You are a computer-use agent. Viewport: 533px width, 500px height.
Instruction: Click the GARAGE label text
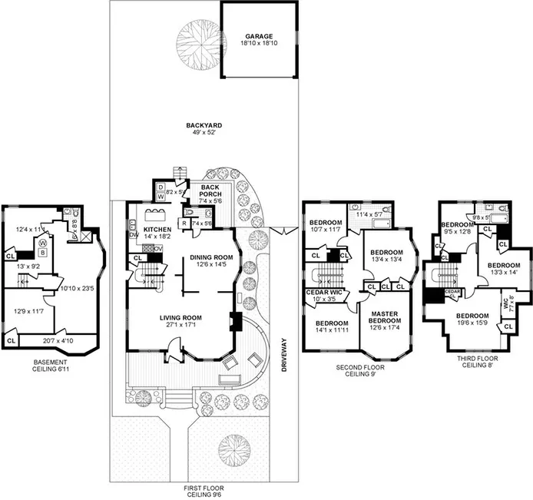tap(260, 36)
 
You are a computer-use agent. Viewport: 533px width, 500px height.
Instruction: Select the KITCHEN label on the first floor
tap(157, 229)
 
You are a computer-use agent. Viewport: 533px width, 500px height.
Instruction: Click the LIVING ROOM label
tap(180, 317)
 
